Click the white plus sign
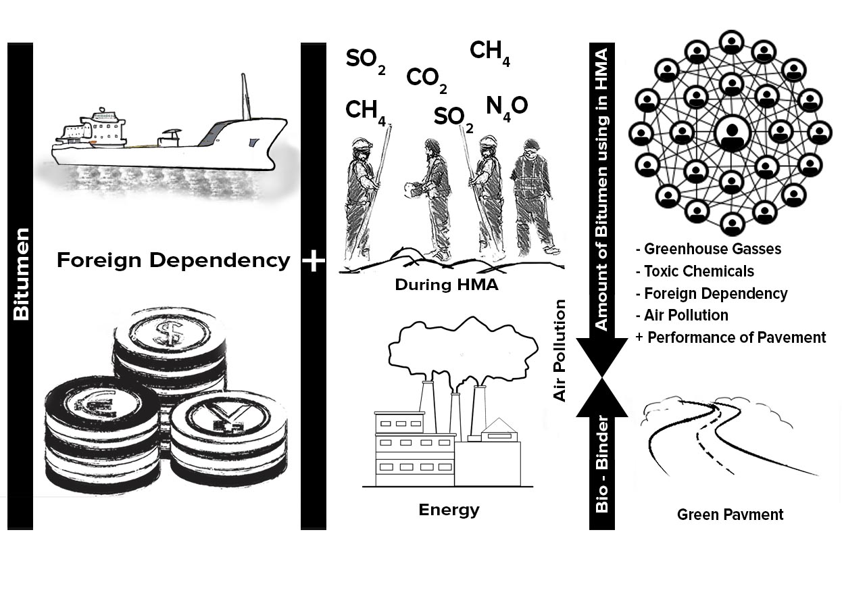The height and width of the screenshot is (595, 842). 314,260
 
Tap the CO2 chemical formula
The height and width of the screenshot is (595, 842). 426,80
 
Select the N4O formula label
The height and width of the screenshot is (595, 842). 506,107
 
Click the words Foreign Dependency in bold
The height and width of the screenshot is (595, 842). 173,260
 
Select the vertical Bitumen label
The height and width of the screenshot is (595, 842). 20,274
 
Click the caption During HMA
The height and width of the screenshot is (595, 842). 446,285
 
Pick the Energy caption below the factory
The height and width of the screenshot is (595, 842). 449,510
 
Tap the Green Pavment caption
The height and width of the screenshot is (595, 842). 730,515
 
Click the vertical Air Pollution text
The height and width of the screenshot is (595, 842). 560,350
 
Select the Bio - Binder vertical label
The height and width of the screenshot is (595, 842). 601,463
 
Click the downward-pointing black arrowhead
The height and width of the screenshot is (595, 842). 601,355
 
